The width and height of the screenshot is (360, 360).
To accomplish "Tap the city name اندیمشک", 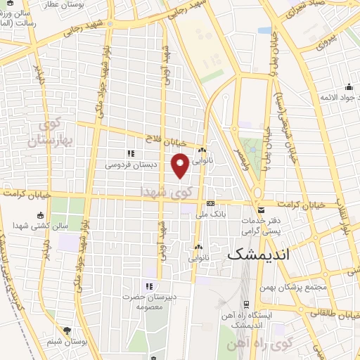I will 258,255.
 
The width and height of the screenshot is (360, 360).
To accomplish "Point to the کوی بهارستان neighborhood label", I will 51,133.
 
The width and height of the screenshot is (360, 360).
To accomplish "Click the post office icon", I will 262,210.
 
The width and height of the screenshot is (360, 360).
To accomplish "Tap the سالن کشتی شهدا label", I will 40,226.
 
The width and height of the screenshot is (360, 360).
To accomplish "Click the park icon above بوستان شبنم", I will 68,330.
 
